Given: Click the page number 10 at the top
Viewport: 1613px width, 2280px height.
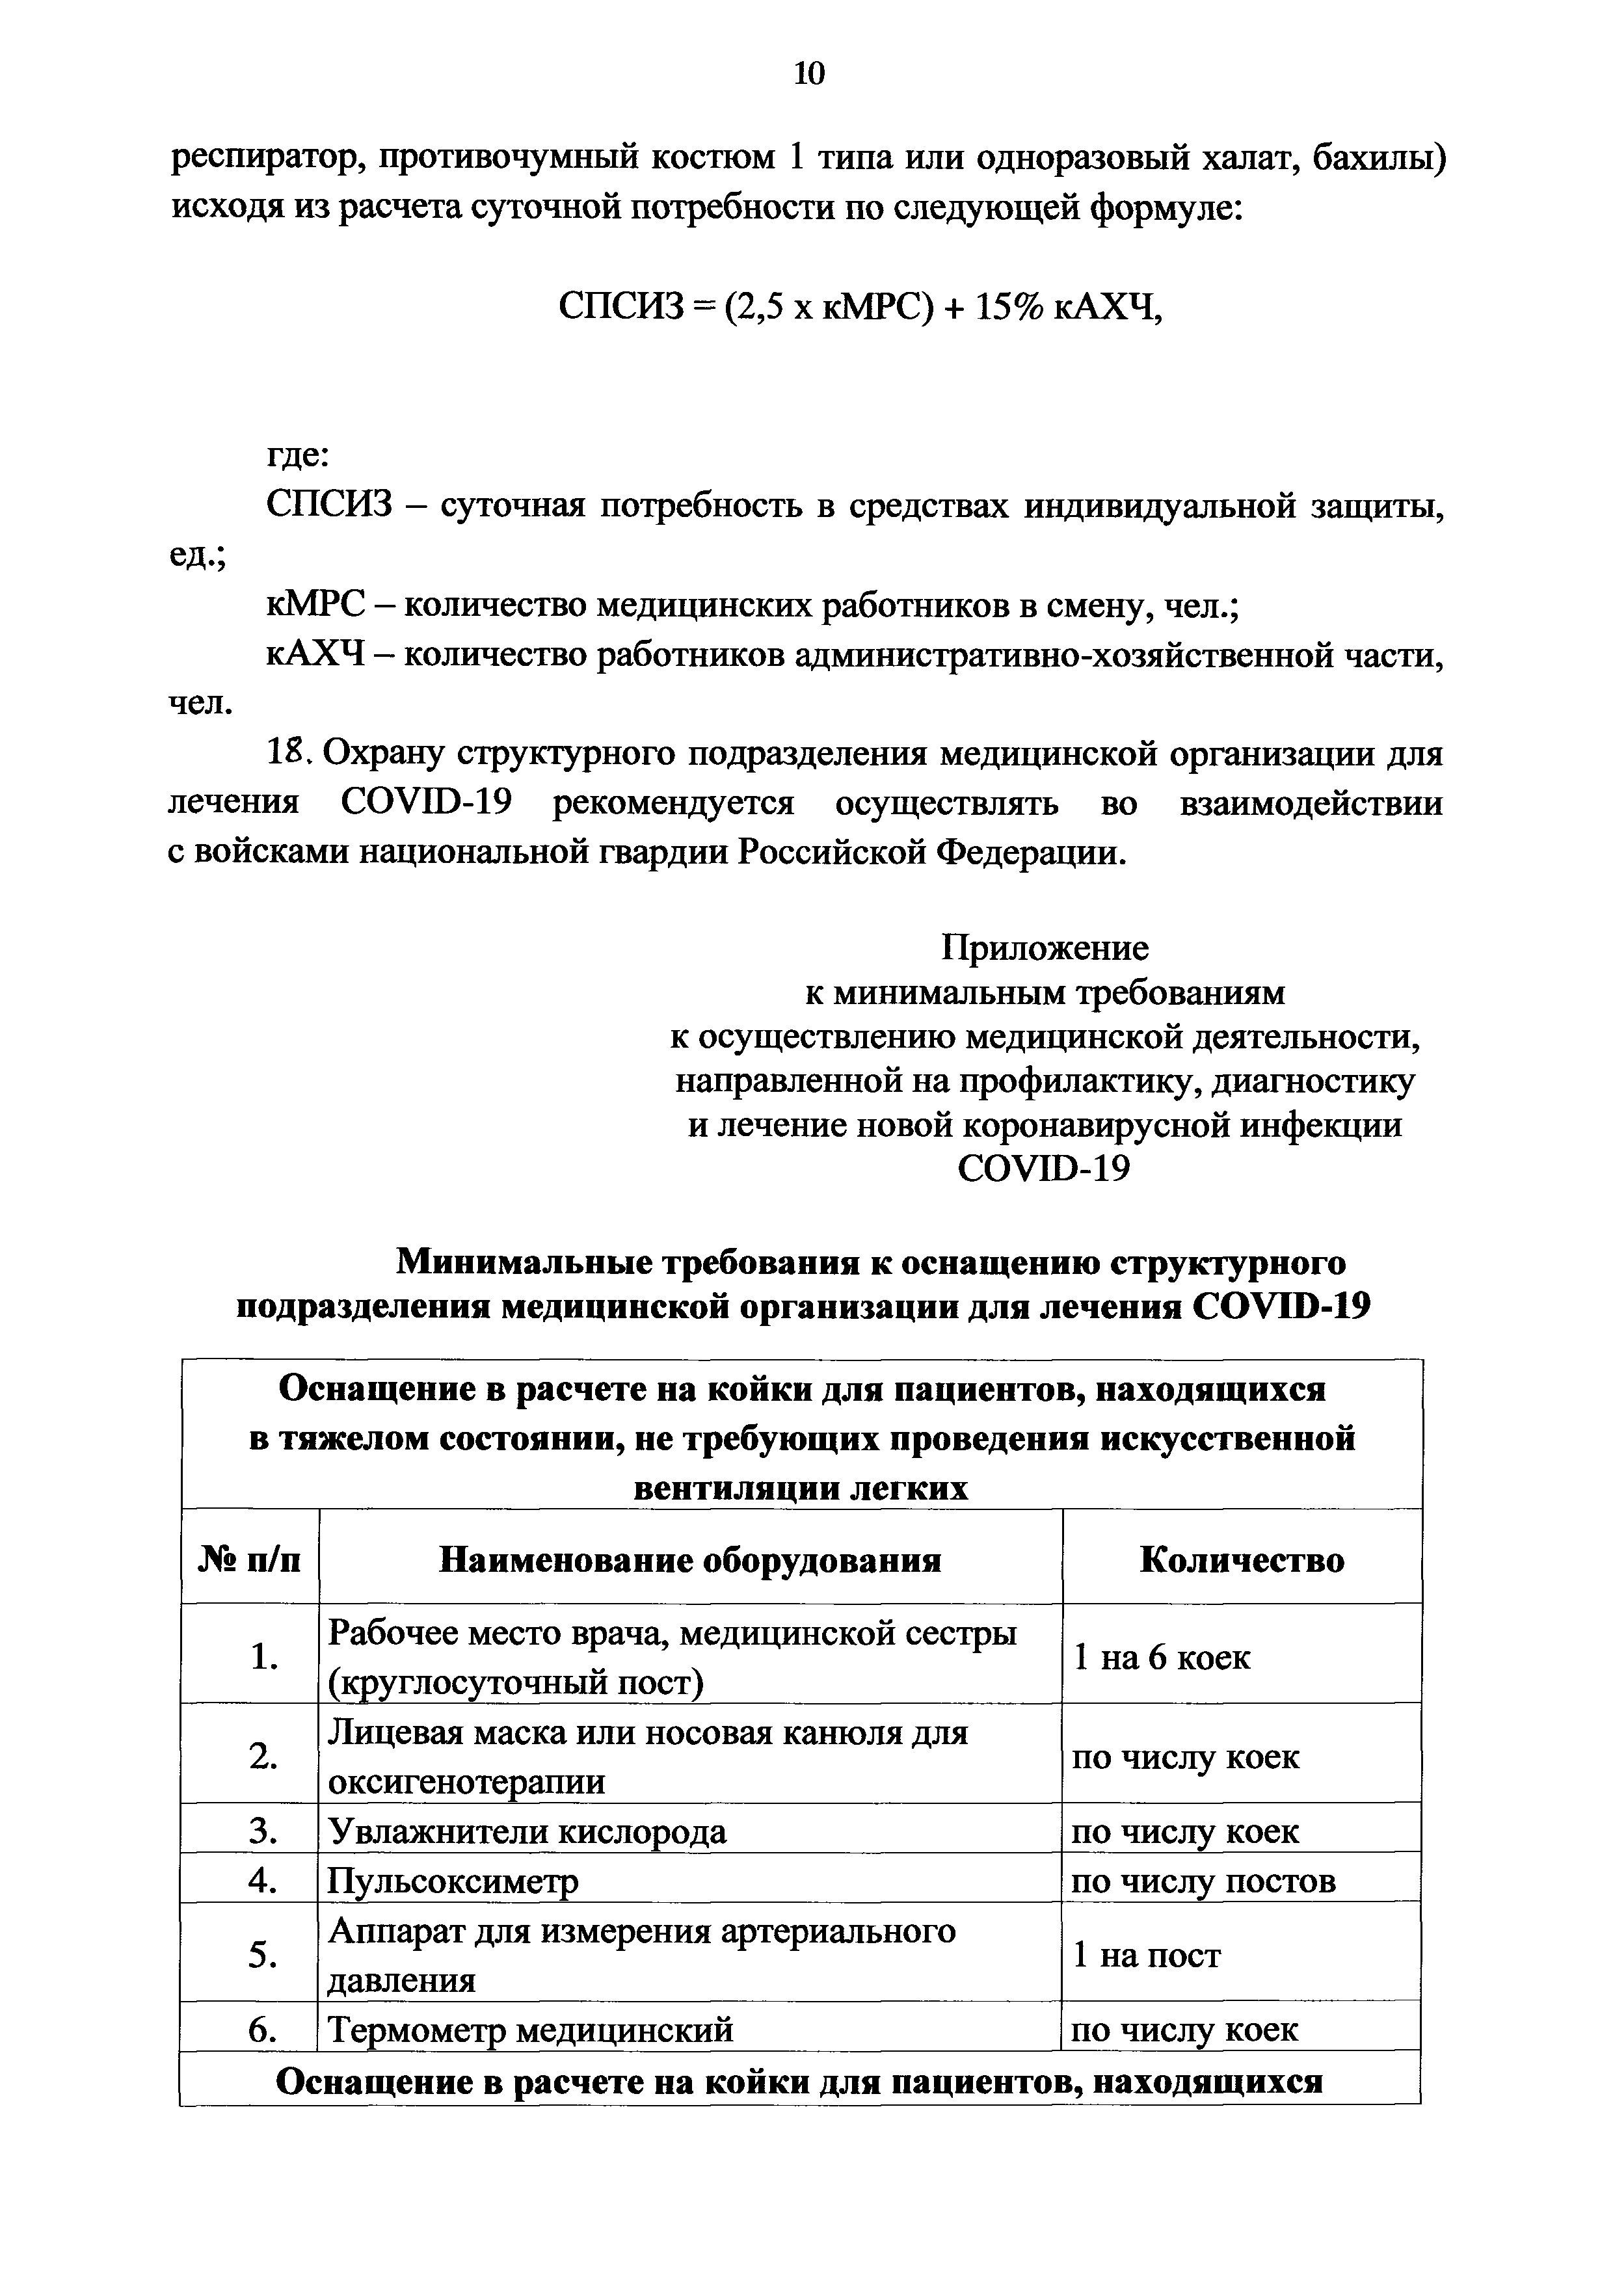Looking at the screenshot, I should point(810,75).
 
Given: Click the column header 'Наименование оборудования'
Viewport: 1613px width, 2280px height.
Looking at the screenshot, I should point(690,1560).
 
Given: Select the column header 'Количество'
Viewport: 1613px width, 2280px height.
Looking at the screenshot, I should point(1242,1560).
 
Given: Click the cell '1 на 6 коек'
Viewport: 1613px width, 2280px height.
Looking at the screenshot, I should point(1162,1658).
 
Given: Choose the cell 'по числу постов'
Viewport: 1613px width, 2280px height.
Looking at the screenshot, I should point(1204,1881).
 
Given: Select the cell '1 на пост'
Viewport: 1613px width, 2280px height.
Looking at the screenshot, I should point(1147,1955).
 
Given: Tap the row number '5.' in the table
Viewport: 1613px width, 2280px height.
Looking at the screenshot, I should point(262,1955).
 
